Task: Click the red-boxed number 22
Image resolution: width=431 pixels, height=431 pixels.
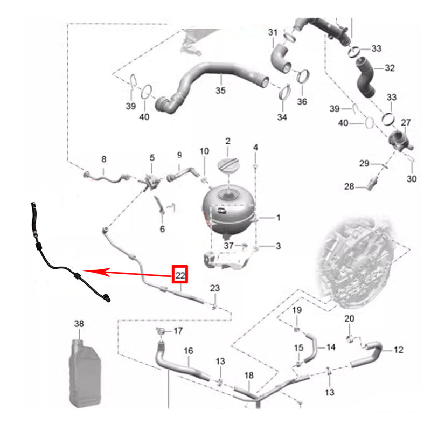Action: (x=180, y=275)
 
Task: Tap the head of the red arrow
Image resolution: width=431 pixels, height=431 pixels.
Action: (x=84, y=271)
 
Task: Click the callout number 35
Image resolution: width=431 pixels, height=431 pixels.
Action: (x=220, y=91)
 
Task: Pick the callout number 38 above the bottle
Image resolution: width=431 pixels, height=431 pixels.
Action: (x=79, y=324)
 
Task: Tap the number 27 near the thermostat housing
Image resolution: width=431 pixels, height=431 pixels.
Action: (x=406, y=122)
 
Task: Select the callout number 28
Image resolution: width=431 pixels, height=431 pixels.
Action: (x=349, y=186)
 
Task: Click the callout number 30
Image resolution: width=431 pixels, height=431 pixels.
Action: (x=412, y=179)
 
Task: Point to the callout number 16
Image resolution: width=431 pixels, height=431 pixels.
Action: (x=188, y=351)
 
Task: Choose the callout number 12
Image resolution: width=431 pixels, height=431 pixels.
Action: (x=398, y=350)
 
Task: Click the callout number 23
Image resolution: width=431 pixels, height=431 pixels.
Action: (x=215, y=288)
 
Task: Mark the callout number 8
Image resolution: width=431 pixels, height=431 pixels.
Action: (x=103, y=159)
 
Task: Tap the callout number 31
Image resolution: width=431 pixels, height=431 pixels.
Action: (x=273, y=32)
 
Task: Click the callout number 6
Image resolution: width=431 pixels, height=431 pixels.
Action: (x=162, y=228)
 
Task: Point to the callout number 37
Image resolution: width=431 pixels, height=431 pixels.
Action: (x=228, y=246)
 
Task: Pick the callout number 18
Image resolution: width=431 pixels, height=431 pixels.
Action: (x=249, y=375)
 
